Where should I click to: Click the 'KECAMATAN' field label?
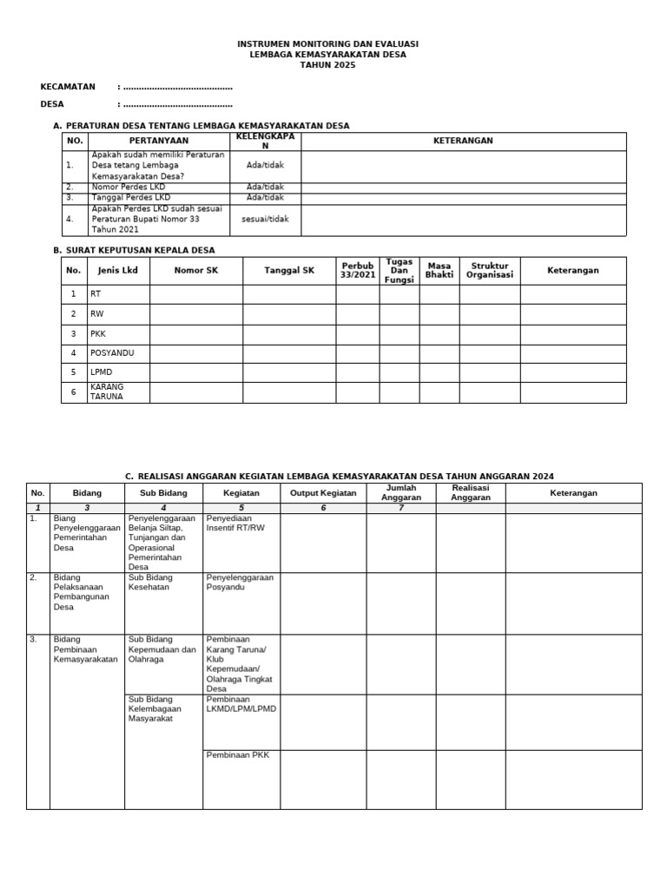[68, 87]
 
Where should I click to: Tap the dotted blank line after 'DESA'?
[177, 104]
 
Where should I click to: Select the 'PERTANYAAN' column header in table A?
[159, 141]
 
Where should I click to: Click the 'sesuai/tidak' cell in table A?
[265, 220]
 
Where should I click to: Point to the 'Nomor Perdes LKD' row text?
[128, 187]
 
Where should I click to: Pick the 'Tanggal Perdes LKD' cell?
[130, 197]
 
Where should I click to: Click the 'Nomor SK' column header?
[195, 271]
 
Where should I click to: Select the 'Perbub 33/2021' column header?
[357, 271]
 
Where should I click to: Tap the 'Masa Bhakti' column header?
[439, 271]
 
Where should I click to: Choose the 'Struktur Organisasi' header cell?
[489, 271]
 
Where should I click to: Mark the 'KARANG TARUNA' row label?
[107, 392]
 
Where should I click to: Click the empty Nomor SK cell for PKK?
[195, 333]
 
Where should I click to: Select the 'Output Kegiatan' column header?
[322, 493]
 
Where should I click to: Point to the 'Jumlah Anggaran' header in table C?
[400, 493]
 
